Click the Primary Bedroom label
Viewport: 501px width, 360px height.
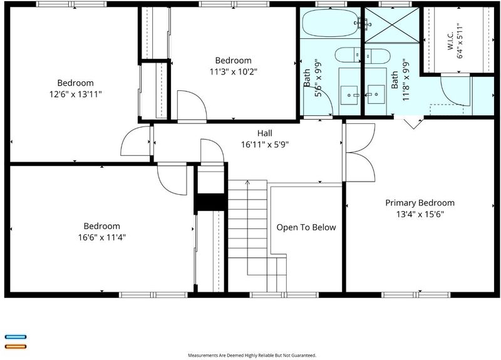point(420,203)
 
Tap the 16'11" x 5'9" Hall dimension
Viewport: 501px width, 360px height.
point(265,145)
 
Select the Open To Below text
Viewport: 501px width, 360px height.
point(306,227)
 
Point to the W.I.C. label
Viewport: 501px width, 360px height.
point(450,41)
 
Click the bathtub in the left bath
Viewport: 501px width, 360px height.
point(331,23)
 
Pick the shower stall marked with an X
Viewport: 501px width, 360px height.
point(392,25)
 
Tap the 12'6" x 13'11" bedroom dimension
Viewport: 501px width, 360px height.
point(75,95)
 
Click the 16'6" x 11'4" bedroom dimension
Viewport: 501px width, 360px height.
point(102,237)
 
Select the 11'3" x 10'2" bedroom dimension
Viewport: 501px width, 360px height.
point(233,71)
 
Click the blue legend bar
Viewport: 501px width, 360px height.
point(16,337)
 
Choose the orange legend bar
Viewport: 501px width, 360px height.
point(16,347)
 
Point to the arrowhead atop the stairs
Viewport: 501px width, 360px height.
point(247,182)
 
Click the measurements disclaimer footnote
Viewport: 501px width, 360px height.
point(252,355)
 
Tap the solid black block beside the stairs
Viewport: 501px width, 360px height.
point(211,202)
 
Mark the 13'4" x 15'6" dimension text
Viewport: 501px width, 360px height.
point(420,214)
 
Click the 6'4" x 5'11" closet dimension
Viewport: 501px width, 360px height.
point(460,41)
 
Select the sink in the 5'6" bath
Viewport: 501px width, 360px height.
point(349,95)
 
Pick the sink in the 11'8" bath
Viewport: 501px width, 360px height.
point(376,95)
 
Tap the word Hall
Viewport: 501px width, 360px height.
point(265,133)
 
